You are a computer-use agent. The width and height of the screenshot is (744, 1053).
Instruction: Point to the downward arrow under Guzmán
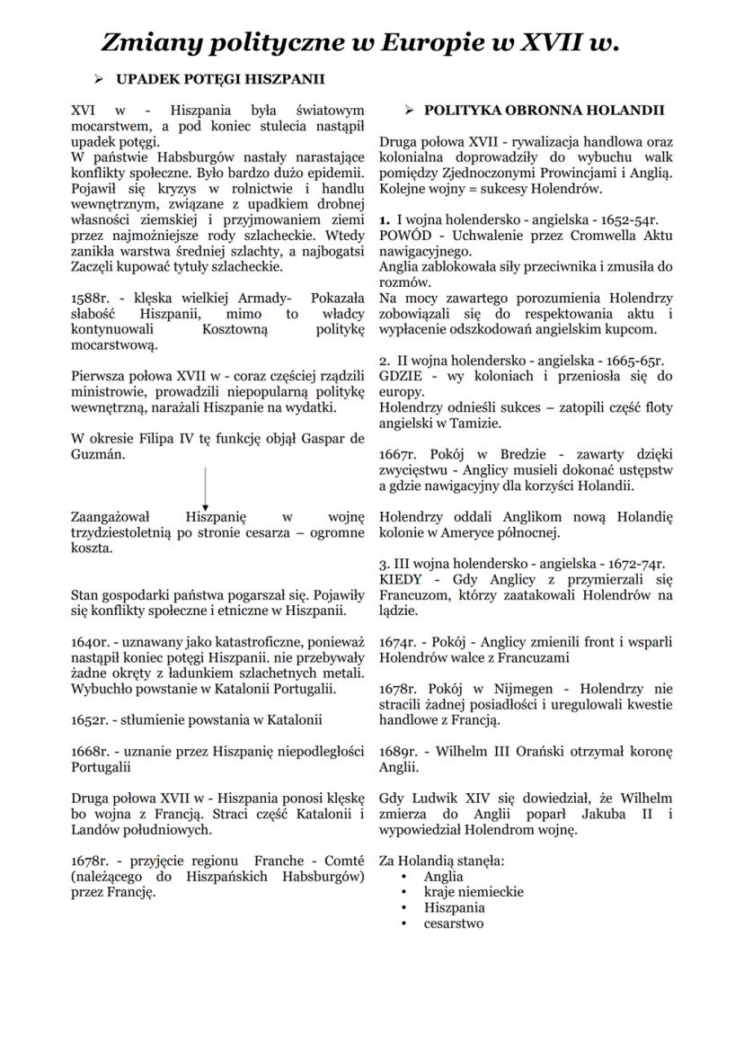pyautogui.click(x=206, y=490)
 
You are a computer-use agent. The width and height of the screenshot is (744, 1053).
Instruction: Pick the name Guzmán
pyautogui.click(x=98, y=455)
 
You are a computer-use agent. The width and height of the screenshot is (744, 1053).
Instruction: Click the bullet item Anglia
pyautogui.click(x=444, y=877)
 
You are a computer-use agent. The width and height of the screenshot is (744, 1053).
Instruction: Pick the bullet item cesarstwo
pyautogui.click(x=454, y=924)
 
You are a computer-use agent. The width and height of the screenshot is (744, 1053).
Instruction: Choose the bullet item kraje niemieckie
pyautogui.click(x=474, y=892)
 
